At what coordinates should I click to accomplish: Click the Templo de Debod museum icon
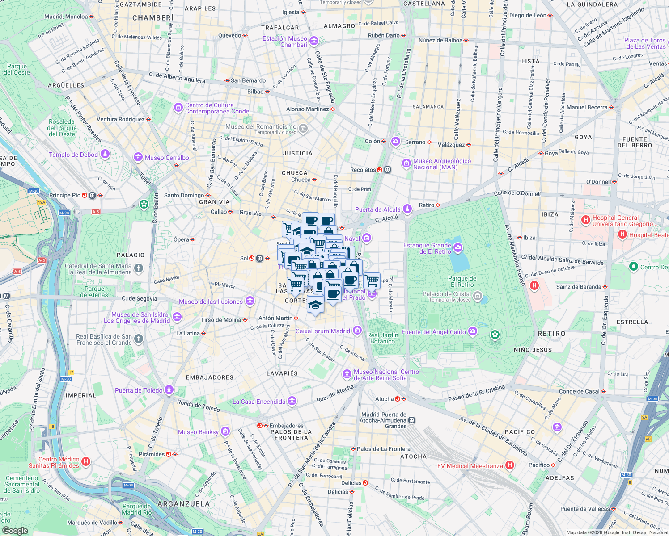(x=105, y=154)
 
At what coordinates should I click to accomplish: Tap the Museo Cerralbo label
(x=167, y=158)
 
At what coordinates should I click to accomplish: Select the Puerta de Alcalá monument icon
(x=407, y=209)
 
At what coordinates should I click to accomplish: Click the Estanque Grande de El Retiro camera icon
(x=457, y=248)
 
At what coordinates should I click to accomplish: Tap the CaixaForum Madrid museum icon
(x=357, y=331)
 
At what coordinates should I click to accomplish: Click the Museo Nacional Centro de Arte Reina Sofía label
(x=386, y=375)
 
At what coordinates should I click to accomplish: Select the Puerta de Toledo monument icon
(x=169, y=390)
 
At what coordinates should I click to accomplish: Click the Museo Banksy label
(x=198, y=432)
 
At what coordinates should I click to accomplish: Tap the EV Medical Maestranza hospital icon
(x=509, y=465)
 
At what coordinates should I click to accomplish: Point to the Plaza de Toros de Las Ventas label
(x=645, y=43)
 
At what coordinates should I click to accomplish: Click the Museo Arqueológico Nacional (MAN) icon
(x=406, y=163)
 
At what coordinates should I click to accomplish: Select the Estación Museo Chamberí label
(x=285, y=42)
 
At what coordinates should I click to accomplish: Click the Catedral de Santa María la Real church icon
(x=139, y=268)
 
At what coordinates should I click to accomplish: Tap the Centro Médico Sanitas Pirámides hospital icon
(x=86, y=461)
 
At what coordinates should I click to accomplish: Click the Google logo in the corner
(x=15, y=530)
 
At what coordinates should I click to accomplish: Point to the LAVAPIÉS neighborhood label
(x=282, y=373)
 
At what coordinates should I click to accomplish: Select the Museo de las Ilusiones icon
(x=250, y=301)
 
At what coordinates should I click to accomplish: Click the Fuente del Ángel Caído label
(x=433, y=332)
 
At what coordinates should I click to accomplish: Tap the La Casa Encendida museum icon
(x=292, y=401)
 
